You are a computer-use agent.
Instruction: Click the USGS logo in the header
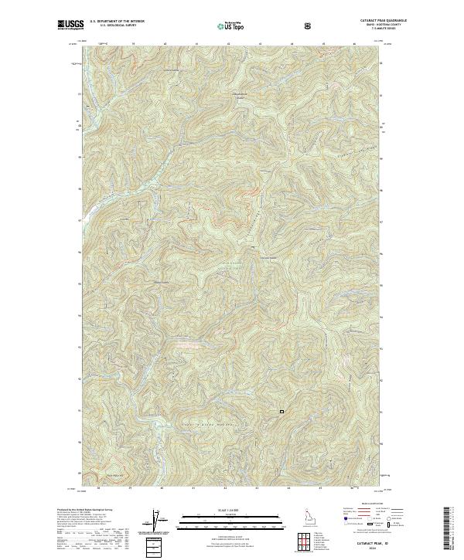[70, 25]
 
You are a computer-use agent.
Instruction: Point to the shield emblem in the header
[309, 26]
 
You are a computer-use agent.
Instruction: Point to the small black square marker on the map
[281, 411]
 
